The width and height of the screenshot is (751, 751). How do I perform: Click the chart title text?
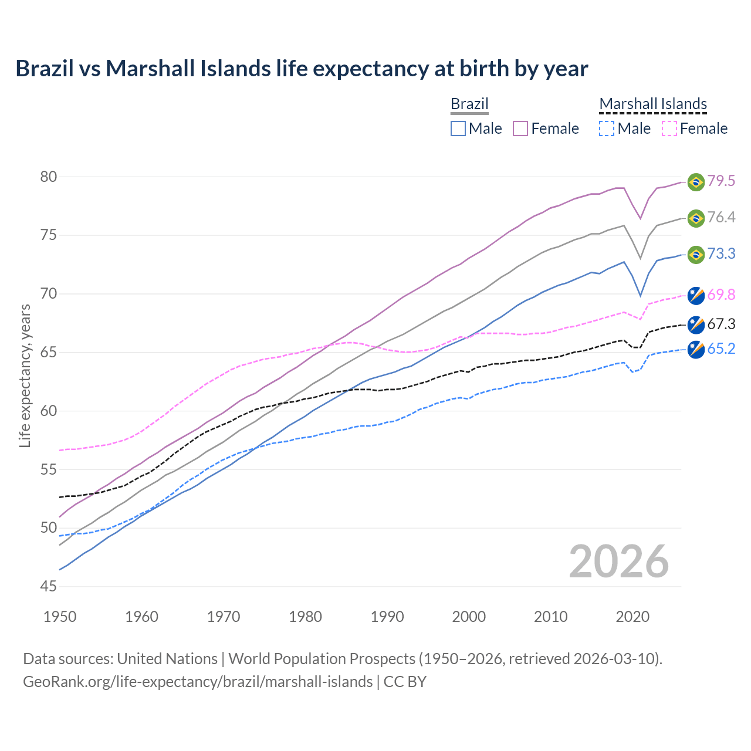click(302, 69)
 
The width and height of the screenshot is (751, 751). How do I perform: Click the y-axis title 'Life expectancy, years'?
click(25, 375)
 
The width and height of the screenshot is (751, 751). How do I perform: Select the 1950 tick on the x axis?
click(60, 617)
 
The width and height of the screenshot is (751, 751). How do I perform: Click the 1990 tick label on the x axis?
click(387, 617)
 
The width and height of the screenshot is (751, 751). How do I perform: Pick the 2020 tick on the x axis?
click(632, 617)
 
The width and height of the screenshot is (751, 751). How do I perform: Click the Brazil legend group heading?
click(469, 104)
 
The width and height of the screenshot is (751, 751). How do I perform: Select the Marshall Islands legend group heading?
click(653, 104)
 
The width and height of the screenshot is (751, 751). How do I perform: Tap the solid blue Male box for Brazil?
click(458, 128)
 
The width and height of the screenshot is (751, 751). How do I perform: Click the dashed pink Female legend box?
click(669, 128)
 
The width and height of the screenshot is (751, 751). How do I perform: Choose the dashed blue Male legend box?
click(607, 128)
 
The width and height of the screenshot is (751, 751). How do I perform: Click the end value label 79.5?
click(721, 181)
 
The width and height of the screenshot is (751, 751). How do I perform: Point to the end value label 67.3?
click(721, 324)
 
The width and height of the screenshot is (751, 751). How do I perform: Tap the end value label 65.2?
click(721, 349)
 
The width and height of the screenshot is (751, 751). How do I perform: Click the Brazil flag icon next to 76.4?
click(696, 218)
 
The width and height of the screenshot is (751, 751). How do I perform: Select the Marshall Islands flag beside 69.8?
click(696, 296)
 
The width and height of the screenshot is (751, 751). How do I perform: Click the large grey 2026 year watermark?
click(619, 561)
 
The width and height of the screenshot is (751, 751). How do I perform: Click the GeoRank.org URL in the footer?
click(198, 682)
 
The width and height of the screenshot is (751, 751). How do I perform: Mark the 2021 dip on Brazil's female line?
click(641, 218)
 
